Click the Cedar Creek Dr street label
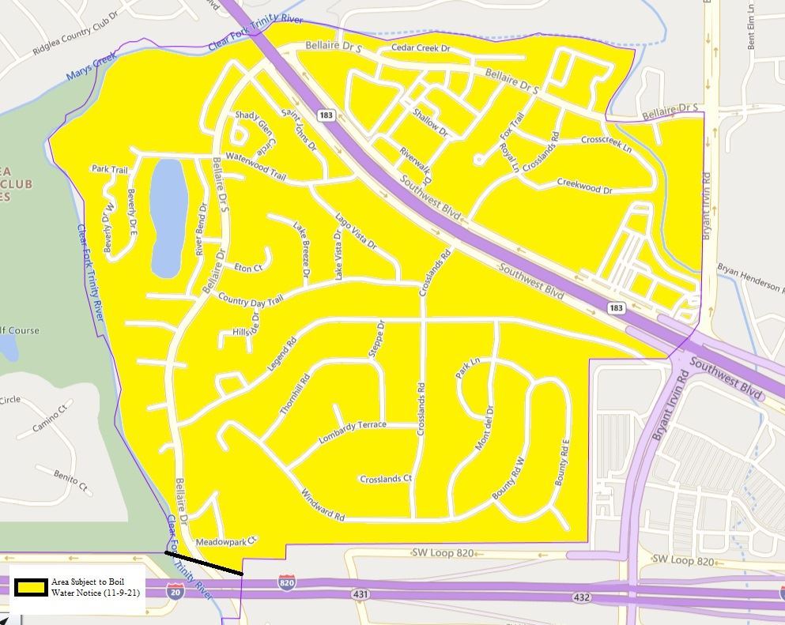click(421, 49)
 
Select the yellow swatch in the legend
click(30, 587)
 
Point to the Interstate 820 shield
click(289, 582)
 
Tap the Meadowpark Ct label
click(227, 542)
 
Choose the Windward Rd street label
click(323, 506)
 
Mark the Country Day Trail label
click(250, 300)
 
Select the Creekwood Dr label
click(585, 186)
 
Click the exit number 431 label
click(362, 593)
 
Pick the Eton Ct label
click(248, 269)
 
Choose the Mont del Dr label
click(484, 428)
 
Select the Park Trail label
click(109, 169)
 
